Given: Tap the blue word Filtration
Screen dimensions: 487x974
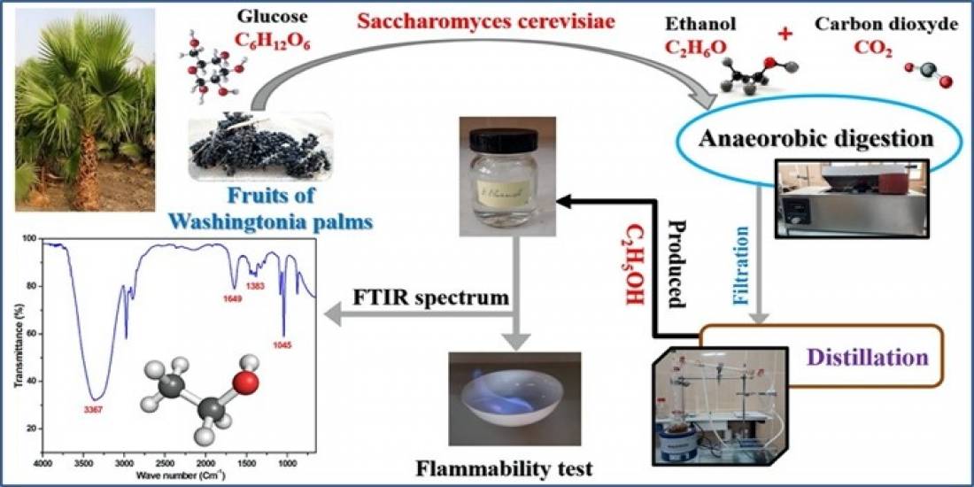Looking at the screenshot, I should click(x=741, y=258).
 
